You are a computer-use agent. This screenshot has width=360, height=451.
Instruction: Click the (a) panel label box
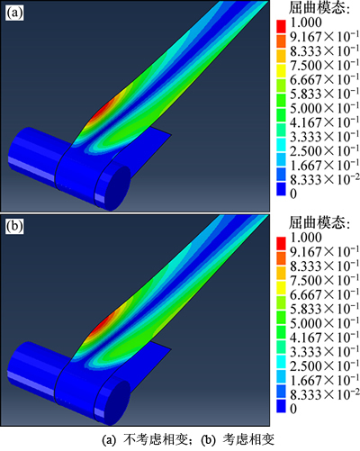point(14,14)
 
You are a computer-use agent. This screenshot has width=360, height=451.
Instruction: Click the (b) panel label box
point(14,227)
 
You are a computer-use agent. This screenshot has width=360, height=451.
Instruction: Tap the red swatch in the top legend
point(281,26)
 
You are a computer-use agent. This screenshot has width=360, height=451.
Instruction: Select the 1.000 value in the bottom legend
point(306,238)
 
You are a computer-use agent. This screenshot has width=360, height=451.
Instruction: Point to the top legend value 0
point(293,194)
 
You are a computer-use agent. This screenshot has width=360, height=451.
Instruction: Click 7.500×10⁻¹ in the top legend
point(324,65)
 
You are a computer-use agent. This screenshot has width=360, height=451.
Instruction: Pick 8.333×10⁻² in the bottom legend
point(324,394)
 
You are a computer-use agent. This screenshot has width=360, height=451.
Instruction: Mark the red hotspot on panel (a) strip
point(103,111)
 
